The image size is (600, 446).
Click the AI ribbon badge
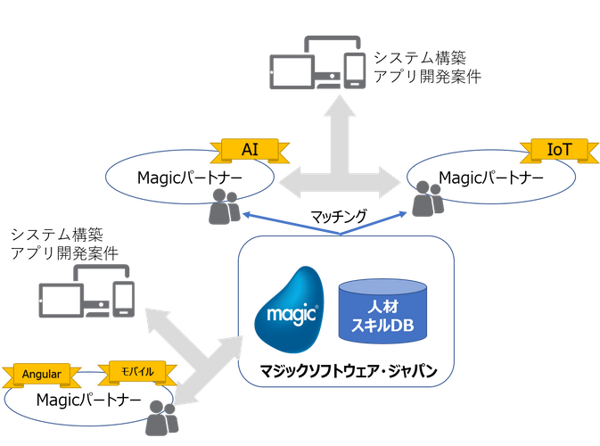coord(250,150)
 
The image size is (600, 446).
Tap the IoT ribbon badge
coord(559,150)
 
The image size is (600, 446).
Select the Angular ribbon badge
coord(42,375)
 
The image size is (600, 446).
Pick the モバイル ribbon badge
coord(137,372)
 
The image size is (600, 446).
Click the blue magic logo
coord(290,310)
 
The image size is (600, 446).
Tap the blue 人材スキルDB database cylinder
coord(382,311)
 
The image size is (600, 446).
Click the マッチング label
coord(339,217)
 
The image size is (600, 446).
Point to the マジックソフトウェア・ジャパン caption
coord(349,371)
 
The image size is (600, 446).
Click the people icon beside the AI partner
coord(225,206)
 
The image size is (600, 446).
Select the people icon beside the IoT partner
coord(428,198)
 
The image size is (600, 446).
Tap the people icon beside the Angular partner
coord(162,417)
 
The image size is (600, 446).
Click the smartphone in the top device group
coord(354,70)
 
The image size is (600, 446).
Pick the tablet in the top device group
coord(292,72)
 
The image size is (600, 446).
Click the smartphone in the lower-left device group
coord(124,299)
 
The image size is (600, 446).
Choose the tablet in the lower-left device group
coord(62,301)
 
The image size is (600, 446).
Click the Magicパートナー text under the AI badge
coord(189,178)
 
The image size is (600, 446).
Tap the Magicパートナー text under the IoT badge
coord(491,178)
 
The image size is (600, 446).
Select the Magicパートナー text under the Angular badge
coord(89,401)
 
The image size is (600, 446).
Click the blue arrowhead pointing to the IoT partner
coord(403,214)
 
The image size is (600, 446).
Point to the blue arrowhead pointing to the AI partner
coord(247,214)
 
